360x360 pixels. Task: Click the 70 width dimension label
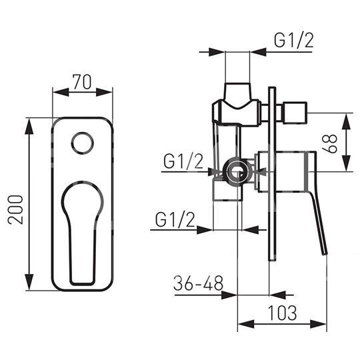tap(82, 81)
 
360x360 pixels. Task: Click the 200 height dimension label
tap(15, 209)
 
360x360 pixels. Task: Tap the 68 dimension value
tap(330, 143)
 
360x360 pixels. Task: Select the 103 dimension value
tap(282, 313)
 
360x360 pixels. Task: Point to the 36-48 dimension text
tap(198, 283)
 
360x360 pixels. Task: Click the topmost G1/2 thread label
tap(293, 41)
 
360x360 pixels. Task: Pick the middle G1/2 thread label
tap(183, 161)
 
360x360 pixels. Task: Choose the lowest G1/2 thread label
tap(175, 219)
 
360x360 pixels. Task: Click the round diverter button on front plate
tap(83, 143)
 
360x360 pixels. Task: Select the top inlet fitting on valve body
tap(237, 94)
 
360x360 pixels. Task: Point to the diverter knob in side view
tap(295, 113)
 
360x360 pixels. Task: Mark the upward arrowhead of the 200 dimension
tap(29, 126)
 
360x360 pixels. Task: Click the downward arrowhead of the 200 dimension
tap(29, 282)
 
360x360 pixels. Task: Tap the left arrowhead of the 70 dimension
tap(61, 92)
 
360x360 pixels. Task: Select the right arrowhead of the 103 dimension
tap(318, 324)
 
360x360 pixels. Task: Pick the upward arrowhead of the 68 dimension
tap(347, 121)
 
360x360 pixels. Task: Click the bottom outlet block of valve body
tap(227, 189)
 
